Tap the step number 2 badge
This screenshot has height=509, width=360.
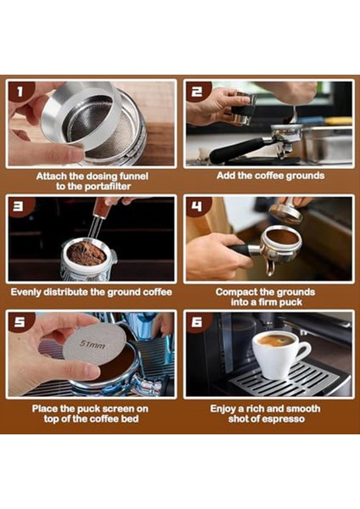click(199, 92)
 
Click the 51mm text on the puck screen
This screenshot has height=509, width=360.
click(93, 344)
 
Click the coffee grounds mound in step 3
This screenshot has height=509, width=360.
click(87, 252)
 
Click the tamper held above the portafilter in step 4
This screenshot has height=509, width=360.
click(287, 212)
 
